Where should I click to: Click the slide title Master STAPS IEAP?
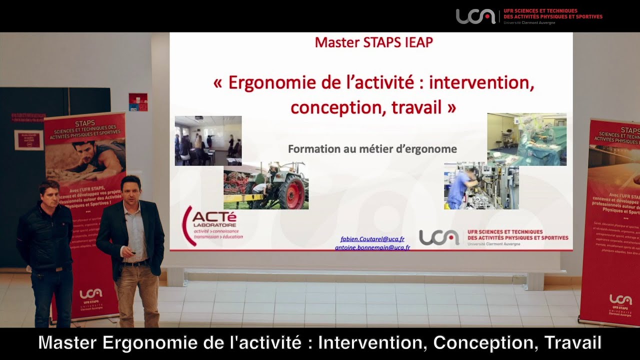373,42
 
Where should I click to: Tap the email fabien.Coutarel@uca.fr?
372,239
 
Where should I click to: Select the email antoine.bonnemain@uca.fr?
372,247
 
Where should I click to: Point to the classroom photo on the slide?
208,140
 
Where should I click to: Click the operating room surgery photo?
526,139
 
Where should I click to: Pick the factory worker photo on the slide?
481,185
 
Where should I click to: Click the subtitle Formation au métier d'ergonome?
372,149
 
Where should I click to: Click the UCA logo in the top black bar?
475,16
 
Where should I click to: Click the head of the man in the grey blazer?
130,187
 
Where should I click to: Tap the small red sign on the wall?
138,101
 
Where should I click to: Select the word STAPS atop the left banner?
84,122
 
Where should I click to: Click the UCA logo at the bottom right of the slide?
438,237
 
